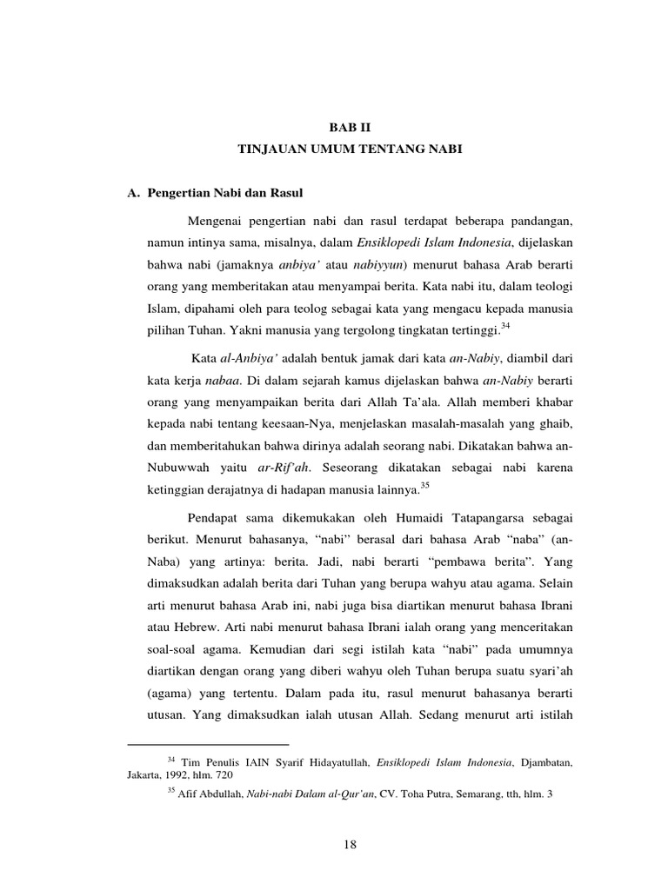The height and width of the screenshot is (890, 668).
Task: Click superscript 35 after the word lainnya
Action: click(x=424, y=484)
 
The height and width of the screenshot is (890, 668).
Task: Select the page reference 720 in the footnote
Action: click(x=224, y=775)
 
